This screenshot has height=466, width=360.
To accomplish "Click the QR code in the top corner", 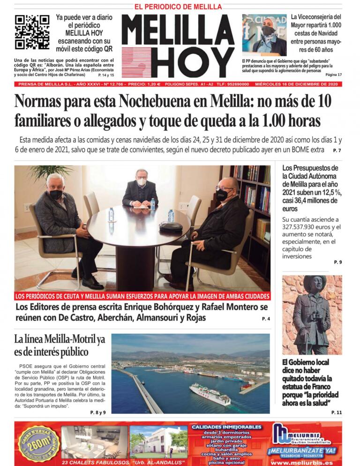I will coord(32,32).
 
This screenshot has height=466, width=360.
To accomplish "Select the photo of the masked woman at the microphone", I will coord(264,35).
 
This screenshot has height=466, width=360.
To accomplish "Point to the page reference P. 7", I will coord(337,150).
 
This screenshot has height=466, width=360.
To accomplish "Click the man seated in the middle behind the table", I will coord(140,188).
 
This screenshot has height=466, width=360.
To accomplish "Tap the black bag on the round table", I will coord(171,226).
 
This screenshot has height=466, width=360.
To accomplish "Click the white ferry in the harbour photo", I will coord(210,393).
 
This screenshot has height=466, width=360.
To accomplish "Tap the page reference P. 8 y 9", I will coord(97,412).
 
